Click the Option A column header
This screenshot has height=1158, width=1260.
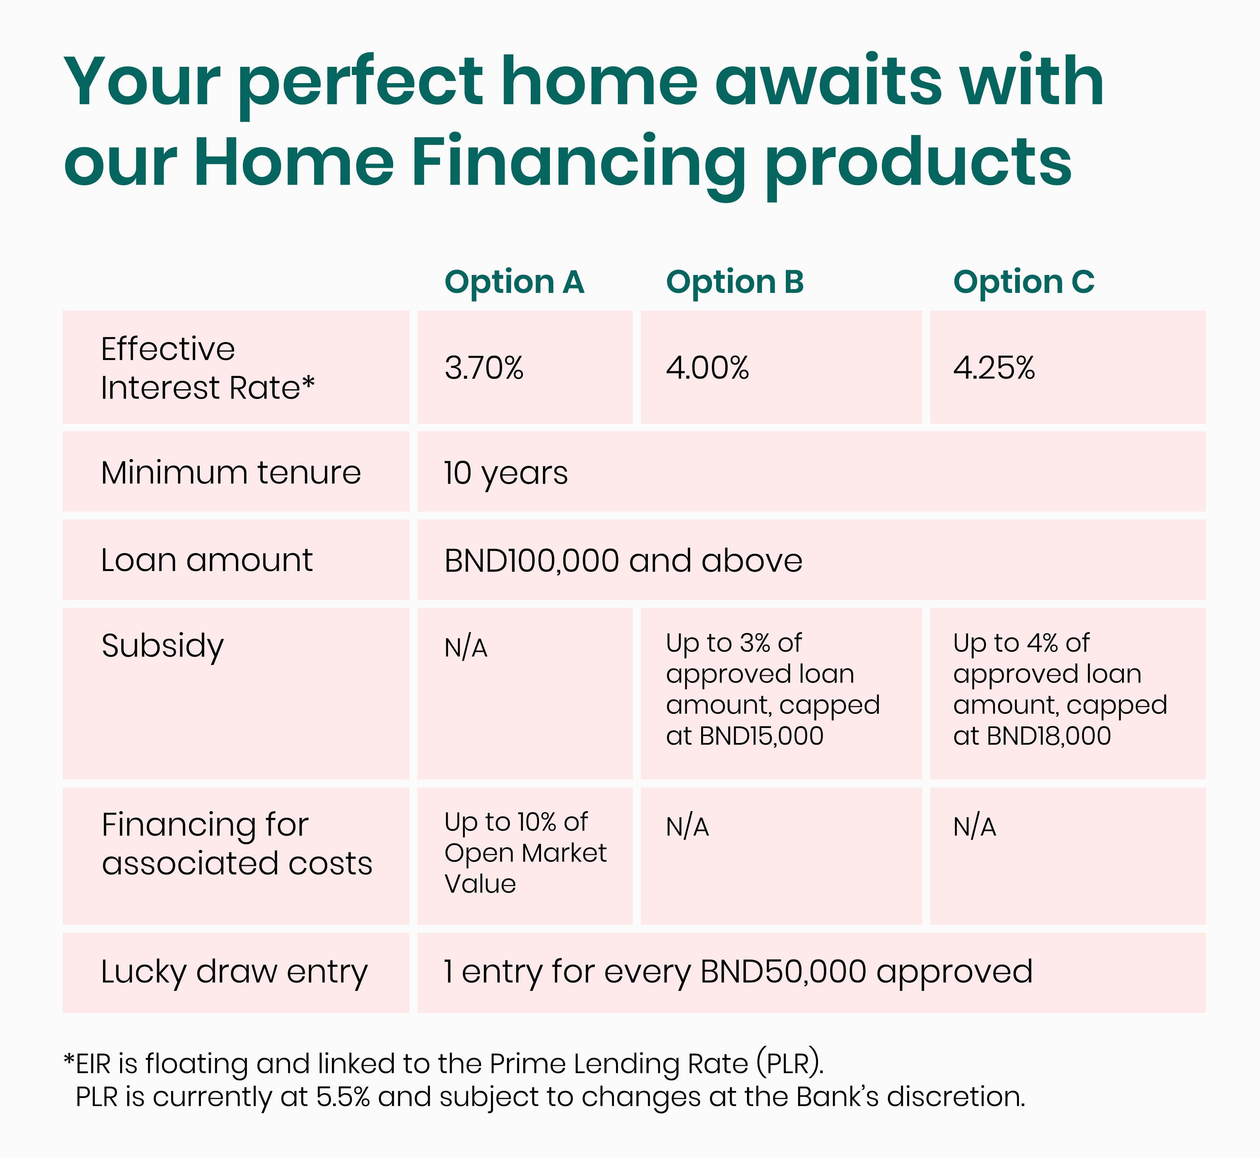coord(514,282)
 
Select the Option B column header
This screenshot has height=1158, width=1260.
coord(735,282)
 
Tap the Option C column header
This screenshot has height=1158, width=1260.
coord(1024,282)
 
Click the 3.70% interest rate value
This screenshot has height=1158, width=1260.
coord(484,368)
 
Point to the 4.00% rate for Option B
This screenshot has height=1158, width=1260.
coord(707,368)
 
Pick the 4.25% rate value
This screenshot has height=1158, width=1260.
coord(994,368)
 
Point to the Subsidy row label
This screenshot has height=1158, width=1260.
coord(162,647)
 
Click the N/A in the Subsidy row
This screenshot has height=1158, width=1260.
coord(466,647)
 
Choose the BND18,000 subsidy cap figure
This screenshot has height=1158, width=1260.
coord(1048,736)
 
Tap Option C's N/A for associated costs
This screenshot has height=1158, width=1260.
coord(975,827)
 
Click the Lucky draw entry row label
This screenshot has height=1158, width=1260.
coord(234,973)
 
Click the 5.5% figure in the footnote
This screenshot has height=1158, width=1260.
coord(343,1097)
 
